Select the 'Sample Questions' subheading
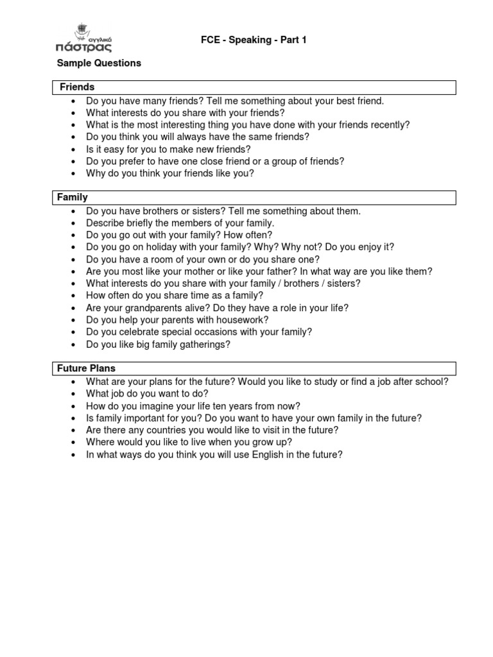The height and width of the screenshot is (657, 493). [x=99, y=63]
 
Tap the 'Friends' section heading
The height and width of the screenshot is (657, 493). [x=77, y=87]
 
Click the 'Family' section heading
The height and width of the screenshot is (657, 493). [x=73, y=197]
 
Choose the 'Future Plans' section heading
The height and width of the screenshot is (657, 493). [x=86, y=368]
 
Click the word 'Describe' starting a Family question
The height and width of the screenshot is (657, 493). [x=105, y=223]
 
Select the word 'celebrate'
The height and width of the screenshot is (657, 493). [x=143, y=332]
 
